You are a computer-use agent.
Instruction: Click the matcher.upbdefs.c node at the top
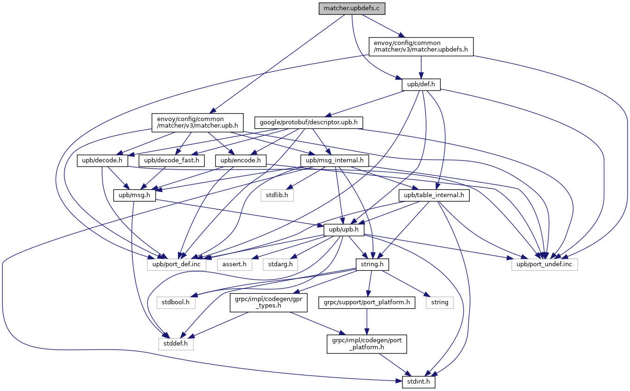point(352,8)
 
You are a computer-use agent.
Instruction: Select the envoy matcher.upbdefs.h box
point(421,46)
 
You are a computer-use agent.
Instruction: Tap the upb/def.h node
point(421,85)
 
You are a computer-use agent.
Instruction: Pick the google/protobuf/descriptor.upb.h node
point(309,122)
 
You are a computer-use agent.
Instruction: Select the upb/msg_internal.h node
point(334,160)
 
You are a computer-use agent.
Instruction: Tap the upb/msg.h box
point(135,195)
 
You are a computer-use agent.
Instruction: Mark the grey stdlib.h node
point(277,195)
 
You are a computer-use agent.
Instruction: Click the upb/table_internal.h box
point(434,195)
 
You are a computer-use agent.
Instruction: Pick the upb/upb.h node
point(344,230)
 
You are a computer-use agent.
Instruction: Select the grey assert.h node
point(234,264)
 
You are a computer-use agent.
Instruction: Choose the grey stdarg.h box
point(281,264)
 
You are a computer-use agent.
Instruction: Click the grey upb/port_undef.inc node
point(545,264)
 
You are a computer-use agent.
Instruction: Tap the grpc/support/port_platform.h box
point(366,302)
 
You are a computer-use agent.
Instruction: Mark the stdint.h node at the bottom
point(415,383)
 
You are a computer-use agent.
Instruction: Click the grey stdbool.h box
point(176,302)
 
